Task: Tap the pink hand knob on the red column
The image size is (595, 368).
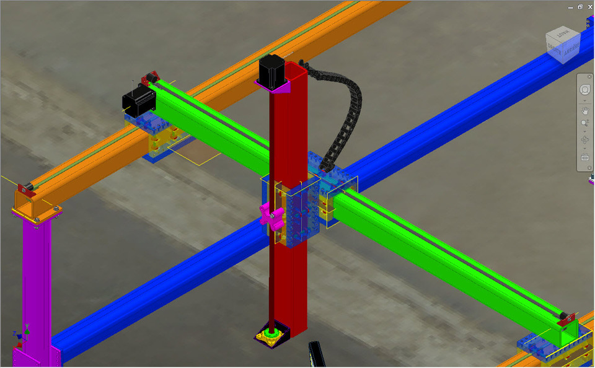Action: pos(272,216)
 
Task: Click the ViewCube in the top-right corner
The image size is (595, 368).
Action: pos(562,47)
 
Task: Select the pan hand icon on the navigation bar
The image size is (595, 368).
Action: pos(584,112)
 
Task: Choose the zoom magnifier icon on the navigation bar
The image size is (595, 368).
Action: pos(584,123)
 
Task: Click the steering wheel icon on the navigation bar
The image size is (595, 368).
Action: pos(584,90)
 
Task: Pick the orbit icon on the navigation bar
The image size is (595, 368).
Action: pos(584,140)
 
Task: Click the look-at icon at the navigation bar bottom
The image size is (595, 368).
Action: pos(584,157)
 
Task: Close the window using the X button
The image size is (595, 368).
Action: pos(589,7)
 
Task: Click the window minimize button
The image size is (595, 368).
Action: pos(571,7)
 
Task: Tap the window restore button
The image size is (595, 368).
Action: pos(580,7)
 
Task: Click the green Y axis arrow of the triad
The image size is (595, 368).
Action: pos(27,327)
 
